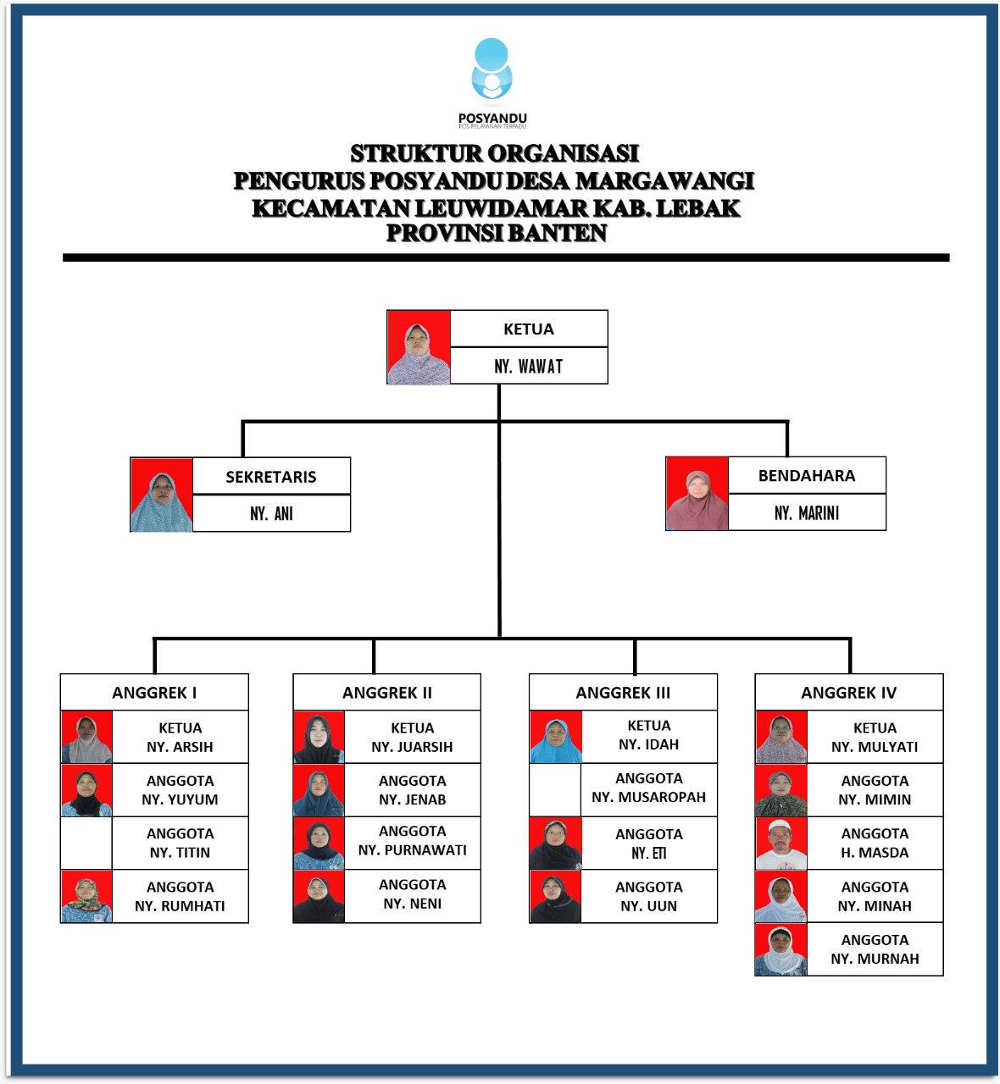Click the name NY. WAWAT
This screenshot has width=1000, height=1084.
[529, 367]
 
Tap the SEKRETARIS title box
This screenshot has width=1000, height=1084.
[271, 477]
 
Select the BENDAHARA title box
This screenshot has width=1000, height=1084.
[807, 476]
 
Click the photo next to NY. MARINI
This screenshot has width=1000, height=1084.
[697, 494]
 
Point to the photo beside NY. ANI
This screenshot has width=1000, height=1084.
[161, 495]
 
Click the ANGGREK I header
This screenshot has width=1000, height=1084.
[154, 693]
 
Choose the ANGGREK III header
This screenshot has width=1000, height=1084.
[623, 693]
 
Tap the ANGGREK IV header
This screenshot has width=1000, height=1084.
[848, 693]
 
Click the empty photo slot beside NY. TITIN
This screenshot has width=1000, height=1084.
[86, 843]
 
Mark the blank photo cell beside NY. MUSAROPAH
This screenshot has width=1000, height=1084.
[555, 789]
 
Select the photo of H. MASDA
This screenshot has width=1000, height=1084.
[781, 843]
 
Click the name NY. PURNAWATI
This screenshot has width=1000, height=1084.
[413, 850]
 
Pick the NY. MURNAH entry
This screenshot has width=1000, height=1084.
[875, 959]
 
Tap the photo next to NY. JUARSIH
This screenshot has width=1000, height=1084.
[319, 738]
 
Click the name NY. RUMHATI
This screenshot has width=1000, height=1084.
[180, 906]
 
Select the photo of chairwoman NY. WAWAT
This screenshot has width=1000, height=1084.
[419, 347]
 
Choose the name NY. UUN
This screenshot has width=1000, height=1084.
[648, 906]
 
